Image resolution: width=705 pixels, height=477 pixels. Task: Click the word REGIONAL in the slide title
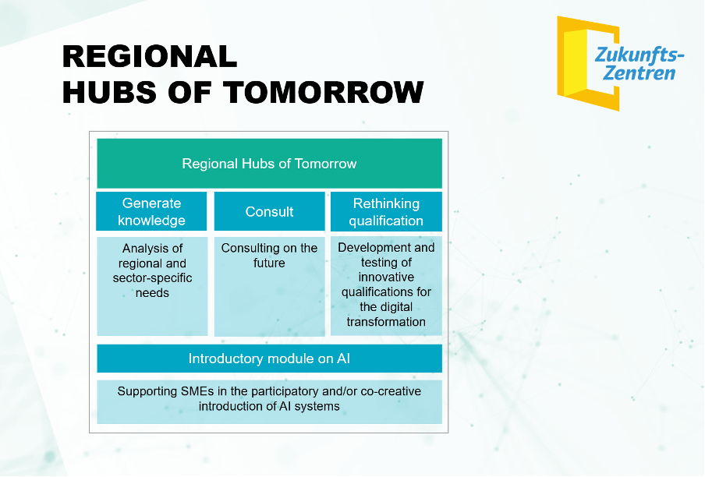point(150,57)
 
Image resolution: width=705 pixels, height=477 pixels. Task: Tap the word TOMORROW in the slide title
point(324,92)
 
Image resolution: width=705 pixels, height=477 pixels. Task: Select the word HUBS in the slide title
point(110,92)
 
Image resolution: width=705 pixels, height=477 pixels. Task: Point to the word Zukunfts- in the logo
point(639,55)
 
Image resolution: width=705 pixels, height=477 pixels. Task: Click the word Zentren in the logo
point(639,73)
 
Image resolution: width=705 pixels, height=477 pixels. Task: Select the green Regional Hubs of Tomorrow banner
point(269,164)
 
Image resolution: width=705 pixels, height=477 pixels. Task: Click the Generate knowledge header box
point(152,211)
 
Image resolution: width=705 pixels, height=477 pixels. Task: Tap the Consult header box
point(269,211)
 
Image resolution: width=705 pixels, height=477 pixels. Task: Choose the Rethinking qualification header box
point(386,211)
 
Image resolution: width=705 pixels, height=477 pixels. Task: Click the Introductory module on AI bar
point(269,359)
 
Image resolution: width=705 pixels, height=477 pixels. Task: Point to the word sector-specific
point(152,278)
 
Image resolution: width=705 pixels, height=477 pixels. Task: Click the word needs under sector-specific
point(152,293)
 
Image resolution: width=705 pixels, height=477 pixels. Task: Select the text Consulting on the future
point(269,255)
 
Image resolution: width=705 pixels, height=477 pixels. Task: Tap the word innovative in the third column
point(386,277)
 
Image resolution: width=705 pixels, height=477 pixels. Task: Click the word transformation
point(386,322)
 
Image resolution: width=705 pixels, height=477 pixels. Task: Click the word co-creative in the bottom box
point(391,391)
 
